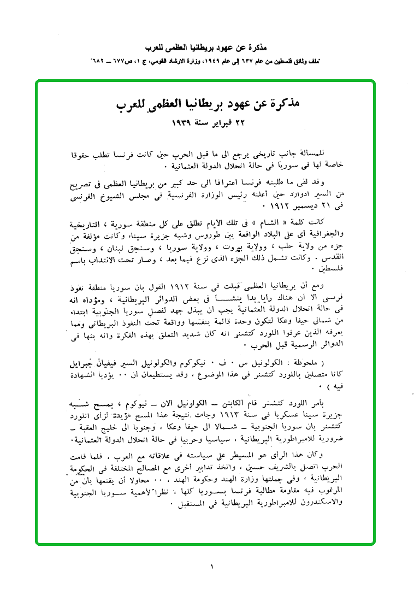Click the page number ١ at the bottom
(210, 566)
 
